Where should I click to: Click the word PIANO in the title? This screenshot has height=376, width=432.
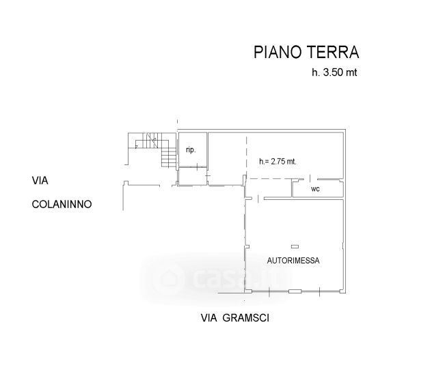click(x=278, y=53)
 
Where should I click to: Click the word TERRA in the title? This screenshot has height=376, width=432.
click(x=333, y=53)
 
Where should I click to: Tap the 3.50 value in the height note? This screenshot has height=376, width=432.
click(x=333, y=72)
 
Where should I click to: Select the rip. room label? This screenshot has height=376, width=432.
click(x=191, y=150)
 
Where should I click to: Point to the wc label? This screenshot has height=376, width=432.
click(x=315, y=189)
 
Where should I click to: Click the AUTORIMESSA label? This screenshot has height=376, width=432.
click(x=293, y=260)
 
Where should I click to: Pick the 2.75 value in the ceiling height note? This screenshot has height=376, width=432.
click(x=278, y=161)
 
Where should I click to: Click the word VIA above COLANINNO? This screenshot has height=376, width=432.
click(x=40, y=181)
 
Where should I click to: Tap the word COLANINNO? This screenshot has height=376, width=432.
click(x=62, y=204)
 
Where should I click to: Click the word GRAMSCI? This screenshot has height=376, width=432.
click(x=246, y=318)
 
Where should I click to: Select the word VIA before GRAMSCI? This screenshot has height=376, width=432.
click(x=209, y=318)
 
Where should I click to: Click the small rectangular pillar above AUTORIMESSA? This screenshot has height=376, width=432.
click(x=295, y=246)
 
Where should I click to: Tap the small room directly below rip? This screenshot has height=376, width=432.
click(x=192, y=176)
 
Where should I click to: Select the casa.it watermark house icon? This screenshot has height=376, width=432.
click(x=167, y=278)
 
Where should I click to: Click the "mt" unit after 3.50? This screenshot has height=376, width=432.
click(x=351, y=72)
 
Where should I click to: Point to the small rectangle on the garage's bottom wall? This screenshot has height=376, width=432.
click(x=295, y=291)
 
